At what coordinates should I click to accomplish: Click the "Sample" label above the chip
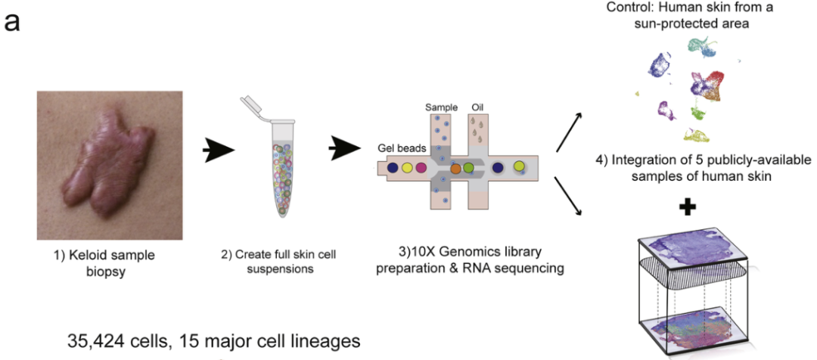click(442, 107)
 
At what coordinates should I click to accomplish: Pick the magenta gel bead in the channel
click(421, 167)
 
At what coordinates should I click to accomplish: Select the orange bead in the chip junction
click(456, 168)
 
